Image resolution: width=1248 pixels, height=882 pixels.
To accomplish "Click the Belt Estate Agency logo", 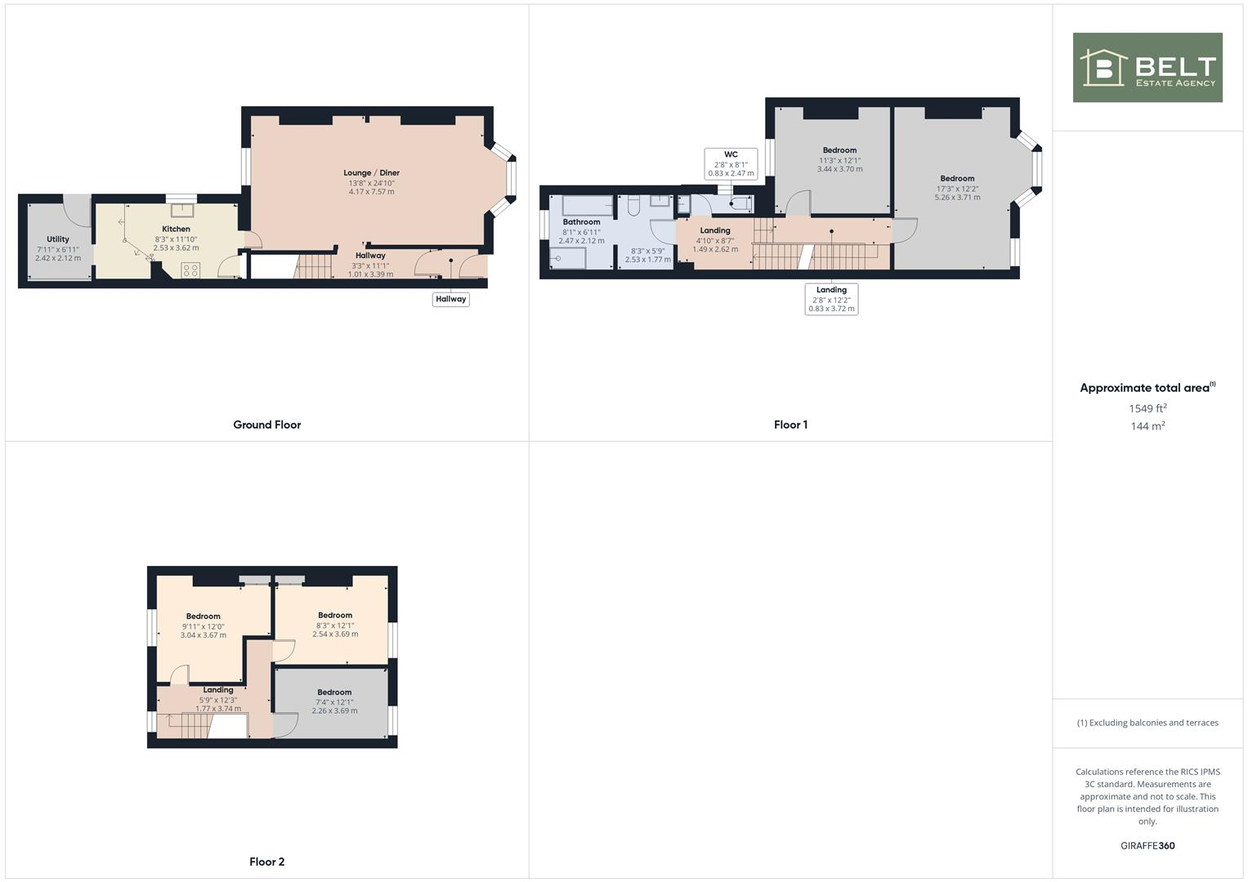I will [x=1147, y=68].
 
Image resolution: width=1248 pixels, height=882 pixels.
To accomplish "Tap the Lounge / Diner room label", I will [x=371, y=173].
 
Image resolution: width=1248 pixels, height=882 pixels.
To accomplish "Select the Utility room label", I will [x=58, y=239].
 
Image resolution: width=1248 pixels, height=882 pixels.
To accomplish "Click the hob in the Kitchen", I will [x=190, y=269].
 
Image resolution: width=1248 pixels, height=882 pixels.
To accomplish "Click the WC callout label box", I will [x=731, y=164].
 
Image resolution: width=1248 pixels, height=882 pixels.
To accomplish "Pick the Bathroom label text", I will [x=581, y=222].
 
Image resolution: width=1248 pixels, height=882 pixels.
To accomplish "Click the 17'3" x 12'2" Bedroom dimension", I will [x=957, y=189].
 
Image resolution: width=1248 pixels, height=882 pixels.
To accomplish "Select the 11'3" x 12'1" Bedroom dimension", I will [x=839, y=160].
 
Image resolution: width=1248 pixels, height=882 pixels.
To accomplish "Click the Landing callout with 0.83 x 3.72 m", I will [x=831, y=299].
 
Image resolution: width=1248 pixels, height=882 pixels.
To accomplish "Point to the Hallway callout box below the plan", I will [x=450, y=299].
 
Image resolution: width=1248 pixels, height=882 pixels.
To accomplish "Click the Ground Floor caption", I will [x=267, y=425].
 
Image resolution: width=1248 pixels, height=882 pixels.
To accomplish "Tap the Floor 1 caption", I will [x=790, y=425].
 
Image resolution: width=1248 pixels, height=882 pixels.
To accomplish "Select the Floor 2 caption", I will [x=267, y=862].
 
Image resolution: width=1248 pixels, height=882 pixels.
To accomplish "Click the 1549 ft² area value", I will [x=1147, y=408].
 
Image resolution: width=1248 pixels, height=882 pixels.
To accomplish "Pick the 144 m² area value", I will [x=1147, y=426].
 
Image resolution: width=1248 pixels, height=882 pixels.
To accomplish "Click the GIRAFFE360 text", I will [x=1147, y=846].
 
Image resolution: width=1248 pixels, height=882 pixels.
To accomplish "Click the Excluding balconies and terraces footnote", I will [x=1147, y=723].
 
